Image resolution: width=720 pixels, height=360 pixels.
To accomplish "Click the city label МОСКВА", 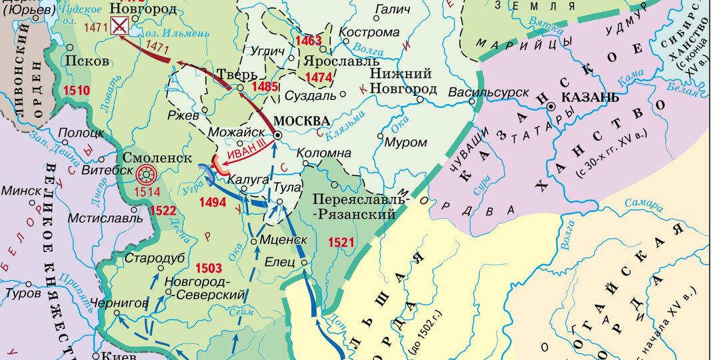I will click(x=302, y=121).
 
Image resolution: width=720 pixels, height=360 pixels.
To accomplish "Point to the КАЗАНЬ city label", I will click(x=591, y=97).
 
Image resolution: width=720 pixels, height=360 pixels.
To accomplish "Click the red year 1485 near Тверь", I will click(x=265, y=87).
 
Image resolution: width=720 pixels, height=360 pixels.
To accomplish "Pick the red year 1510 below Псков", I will click(x=75, y=89).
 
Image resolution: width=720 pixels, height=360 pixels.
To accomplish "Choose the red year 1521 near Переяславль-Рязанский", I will click(x=341, y=242).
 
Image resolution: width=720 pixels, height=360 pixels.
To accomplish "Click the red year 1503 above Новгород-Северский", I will click(x=209, y=268).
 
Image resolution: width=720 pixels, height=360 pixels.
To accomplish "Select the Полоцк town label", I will click(x=77, y=133).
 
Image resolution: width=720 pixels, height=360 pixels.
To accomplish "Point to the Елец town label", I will click(x=280, y=262).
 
